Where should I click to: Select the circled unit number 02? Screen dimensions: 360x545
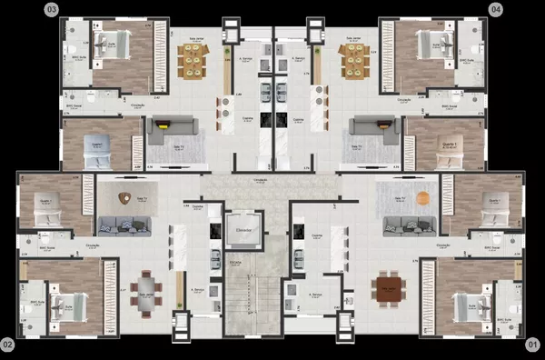[x=8, y=345]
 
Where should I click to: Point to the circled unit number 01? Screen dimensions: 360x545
[x=533, y=345]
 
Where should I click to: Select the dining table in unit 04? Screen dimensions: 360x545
[x=352, y=61]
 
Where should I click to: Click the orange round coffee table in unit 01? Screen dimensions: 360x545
[x=421, y=197]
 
